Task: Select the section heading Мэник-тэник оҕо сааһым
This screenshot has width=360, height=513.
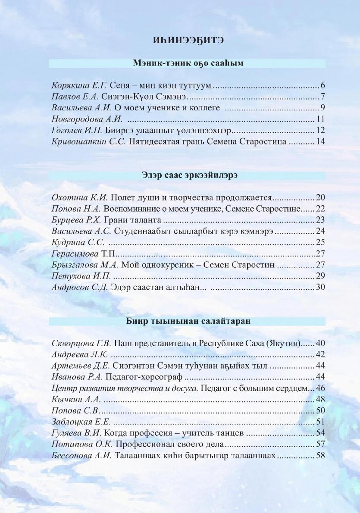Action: (187, 63)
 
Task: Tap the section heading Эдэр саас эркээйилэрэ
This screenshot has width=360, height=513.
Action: (187, 175)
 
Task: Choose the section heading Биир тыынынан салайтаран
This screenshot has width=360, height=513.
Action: (187, 321)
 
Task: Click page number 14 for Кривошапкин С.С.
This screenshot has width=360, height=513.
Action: (320, 141)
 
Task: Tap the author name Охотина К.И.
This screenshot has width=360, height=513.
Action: (80, 197)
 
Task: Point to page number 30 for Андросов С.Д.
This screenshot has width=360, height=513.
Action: (320, 287)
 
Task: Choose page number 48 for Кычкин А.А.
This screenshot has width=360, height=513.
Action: (320, 399)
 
